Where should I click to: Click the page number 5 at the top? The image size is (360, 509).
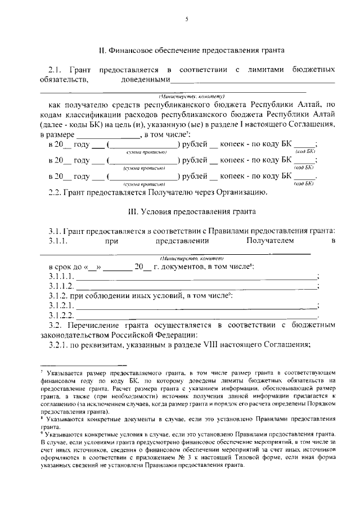click(x=186, y=20)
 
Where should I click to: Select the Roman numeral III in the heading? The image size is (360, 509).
click(x=133, y=212)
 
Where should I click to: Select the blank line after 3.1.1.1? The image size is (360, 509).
click(x=196, y=278)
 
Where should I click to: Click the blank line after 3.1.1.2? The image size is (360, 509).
click(x=196, y=287)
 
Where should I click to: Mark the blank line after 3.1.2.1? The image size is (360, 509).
click(x=196, y=306)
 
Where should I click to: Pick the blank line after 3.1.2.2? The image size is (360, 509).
click(x=196, y=316)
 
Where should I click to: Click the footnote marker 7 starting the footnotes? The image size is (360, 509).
click(x=42, y=372)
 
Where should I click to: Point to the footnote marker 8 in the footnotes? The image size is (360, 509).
click(x=42, y=418)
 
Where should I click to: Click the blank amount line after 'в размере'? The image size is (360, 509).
click(x=107, y=135)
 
